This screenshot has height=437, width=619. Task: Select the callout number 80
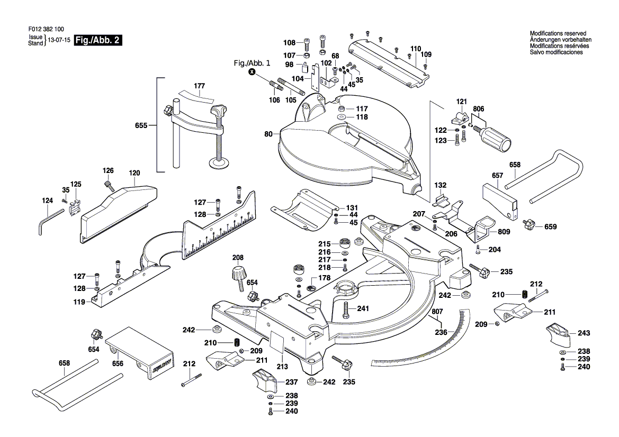pyautogui.click(x=268, y=134)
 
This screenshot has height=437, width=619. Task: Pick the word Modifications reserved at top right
pyautogui.click(x=558, y=34)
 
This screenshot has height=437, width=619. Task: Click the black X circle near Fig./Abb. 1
pyautogui.click(x=252, y=72)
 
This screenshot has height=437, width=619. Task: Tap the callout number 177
pyautogui.click(x=199, y=86)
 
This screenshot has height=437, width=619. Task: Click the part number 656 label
pyautogui.click(x=118, y=363)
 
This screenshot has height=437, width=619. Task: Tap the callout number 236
pyautogui.click(x=441, y=332)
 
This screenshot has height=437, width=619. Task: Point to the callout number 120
pyautogui.click(x=134, y=173)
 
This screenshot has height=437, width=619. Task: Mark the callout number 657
pyautogui.click(x=497, y=175)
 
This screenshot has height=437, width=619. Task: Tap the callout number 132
pyautogui.click(x=441, y=185)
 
